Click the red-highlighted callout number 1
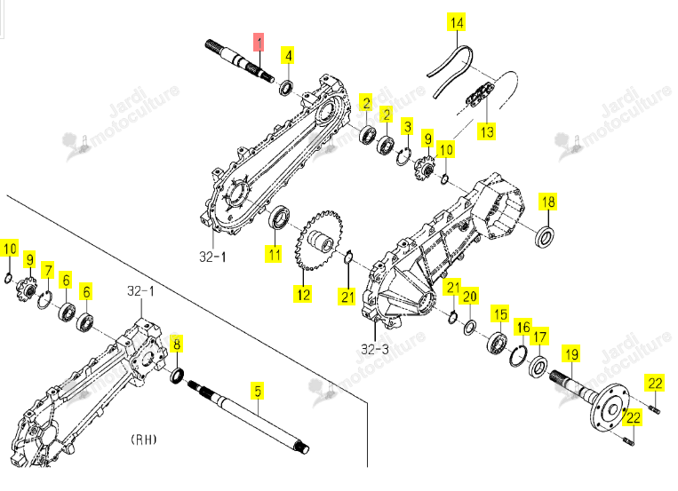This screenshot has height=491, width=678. (259, 43)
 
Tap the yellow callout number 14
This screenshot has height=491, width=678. (457, 22)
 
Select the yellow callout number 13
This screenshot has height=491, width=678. (487, 131)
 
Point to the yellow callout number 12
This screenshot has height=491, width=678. (303, 295)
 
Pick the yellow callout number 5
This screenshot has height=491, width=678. (258, 391)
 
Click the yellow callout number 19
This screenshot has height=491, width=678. (571, 354)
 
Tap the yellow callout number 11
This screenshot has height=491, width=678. (275, 253)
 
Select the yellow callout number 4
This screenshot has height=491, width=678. (288, 55)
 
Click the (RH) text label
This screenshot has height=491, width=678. (144, 440)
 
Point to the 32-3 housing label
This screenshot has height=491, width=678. (374, 349)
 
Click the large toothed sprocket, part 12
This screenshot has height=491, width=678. (319, 240)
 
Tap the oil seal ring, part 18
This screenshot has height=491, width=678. (546, 236)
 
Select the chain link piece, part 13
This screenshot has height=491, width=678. (480, 95)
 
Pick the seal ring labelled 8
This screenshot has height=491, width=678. (177, 375)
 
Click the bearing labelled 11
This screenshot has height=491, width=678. (279, 218)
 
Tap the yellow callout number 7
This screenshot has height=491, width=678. (48, 271)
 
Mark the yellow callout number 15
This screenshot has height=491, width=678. (500, 313)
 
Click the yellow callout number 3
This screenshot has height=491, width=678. (407, 127)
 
